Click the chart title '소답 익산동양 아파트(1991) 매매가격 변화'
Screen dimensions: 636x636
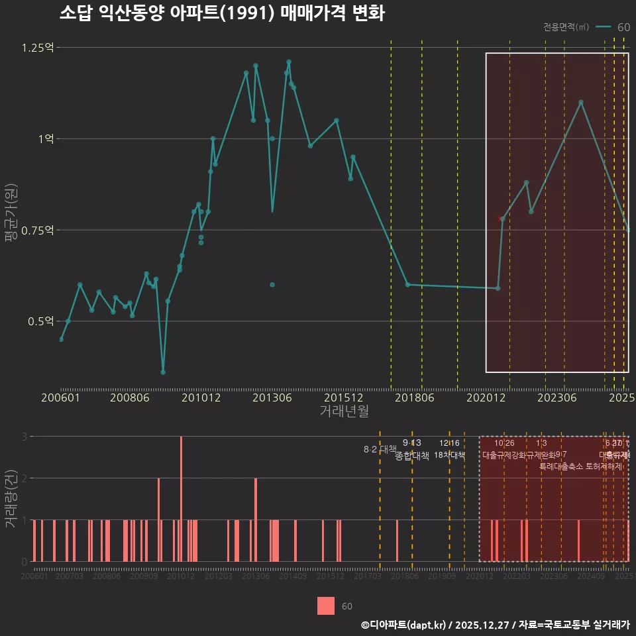coord(222,13)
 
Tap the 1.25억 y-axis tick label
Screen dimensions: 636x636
coord(38,48)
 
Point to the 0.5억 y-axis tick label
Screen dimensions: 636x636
coord(41,321)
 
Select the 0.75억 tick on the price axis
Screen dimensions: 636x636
coord(38,230)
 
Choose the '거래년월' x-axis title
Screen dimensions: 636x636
coord(344,411)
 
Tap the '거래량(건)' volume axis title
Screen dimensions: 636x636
coord(11,498)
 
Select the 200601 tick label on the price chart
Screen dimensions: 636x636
coord(59,398)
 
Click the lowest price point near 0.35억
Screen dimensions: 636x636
coord(163,372)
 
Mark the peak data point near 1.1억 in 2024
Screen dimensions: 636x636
coord(581,103)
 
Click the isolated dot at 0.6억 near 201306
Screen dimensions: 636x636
coord(272,285)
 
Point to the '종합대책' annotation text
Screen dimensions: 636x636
coord(412,455)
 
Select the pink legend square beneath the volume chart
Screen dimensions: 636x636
coord(326,606)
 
